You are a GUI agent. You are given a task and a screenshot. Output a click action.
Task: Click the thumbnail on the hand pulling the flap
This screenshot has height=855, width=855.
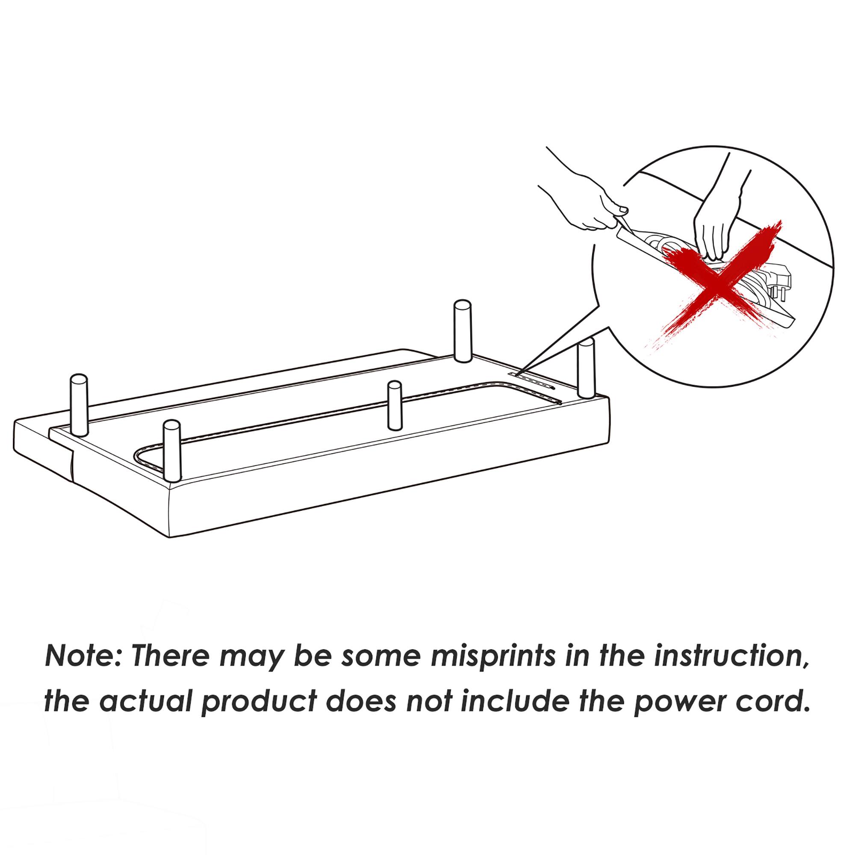coord(623,209)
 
